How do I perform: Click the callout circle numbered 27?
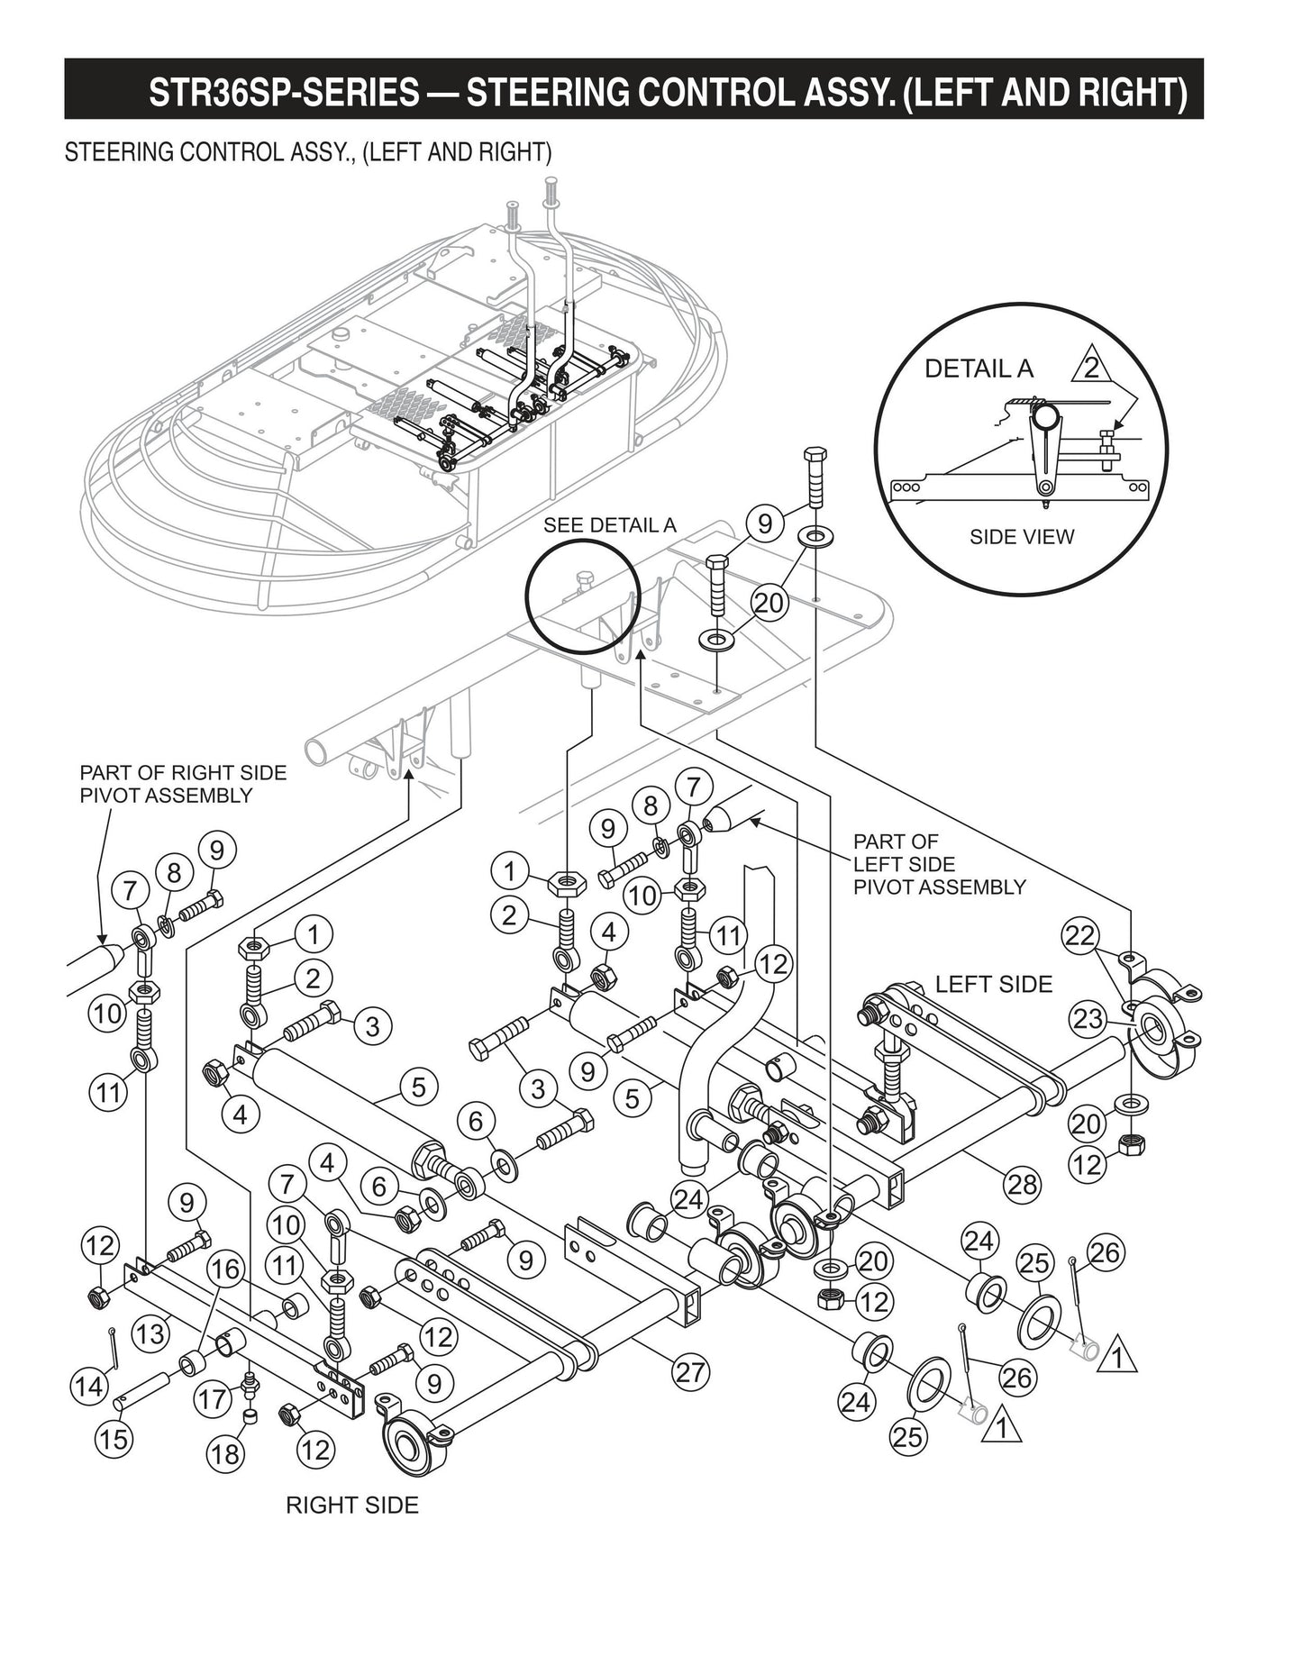(692, 1372)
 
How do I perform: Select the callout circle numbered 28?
(1022, 1183)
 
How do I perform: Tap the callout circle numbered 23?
(1088, 1019)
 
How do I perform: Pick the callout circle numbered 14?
(88, 1386)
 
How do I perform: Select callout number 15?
(114, 1439)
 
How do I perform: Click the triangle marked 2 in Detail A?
(1090, 368)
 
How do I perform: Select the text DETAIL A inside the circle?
(979, 368)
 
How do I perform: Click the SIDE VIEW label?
(1022, 537)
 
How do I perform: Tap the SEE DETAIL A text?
(609, 525)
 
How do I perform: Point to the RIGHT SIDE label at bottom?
(352, 1505)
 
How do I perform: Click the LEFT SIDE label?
(993, 984)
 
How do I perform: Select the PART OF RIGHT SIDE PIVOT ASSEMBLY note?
(183, 784)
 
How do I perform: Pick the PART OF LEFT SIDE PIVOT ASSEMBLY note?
(939, 864)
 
